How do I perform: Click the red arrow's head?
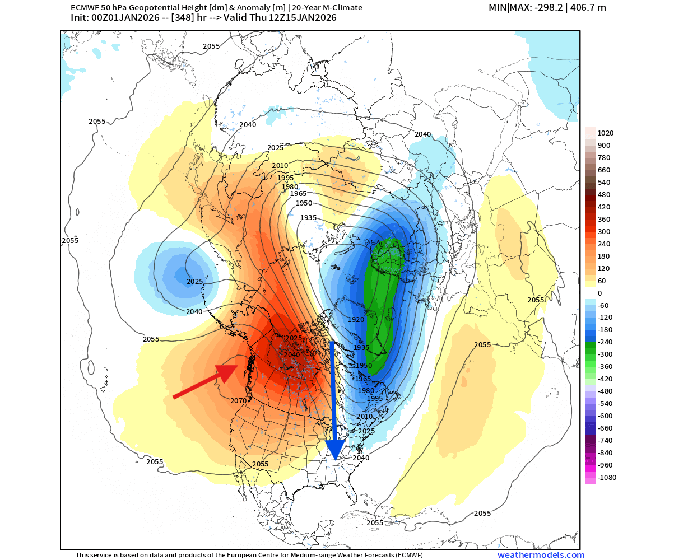[229, 372]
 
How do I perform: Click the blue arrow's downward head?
[334, 449]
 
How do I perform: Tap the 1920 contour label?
[356, 320]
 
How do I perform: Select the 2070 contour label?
[239, 401]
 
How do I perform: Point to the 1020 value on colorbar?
[606, 133]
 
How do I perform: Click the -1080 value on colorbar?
[607, 478]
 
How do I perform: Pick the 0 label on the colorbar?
[599, 293]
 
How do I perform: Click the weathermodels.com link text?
[541, 555]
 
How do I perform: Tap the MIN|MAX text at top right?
[509, 7]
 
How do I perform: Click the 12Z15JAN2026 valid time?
[307, 17]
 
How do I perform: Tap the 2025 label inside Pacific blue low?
[194, 282]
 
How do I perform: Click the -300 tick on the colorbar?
[606, 354]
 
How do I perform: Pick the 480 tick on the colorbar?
[604, 195]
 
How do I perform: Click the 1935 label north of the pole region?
[309, 218]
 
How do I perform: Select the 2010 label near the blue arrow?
[364, 417]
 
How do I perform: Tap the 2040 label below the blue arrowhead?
[361, 458]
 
